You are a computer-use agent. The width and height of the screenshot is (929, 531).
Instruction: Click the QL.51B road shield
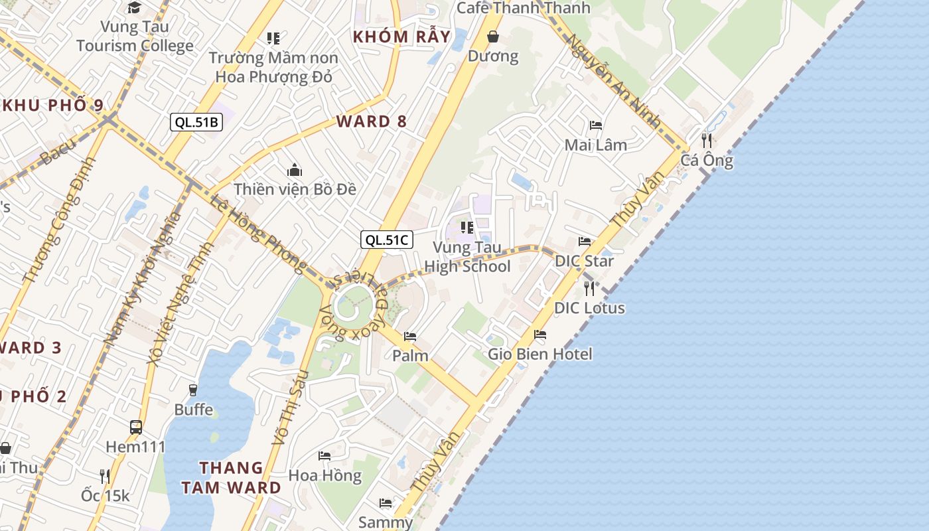[x=196, y=122]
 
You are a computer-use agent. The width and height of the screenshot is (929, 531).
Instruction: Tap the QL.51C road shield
[x=387, y=240]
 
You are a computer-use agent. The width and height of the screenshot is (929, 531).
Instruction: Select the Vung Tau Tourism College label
[x=135, y=37]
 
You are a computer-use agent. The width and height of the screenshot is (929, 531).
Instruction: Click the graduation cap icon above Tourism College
[x=135, y=8]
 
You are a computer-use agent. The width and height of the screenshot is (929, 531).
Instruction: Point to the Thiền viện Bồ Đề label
[x=295, y=189]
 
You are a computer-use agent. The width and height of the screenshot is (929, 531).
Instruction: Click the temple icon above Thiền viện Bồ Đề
[x=295, y=171]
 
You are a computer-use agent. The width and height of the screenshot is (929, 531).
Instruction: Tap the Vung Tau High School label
[x=467, y=257]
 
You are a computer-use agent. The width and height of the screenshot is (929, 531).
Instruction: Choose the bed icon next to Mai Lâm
[x=595, y=125]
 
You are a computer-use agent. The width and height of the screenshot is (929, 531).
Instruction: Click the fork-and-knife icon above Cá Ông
[x=707, y=141]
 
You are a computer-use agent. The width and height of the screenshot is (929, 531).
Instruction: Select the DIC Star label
[x=585, y=261]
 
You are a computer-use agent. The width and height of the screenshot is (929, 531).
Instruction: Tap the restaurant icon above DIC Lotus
[x=589, y=288]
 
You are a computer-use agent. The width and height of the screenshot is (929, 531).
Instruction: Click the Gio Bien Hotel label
[x=540, y=354]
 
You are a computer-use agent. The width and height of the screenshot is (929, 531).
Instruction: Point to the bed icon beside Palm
[x=410, y=337]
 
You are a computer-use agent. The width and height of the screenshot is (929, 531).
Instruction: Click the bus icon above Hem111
[x=136, y=427]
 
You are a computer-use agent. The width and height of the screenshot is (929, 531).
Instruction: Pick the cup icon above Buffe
[x=193, y=390]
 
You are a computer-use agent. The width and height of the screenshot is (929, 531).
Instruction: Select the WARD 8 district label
[x=372, y=121]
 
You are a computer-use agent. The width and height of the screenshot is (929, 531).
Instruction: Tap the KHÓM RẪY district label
[x=401, y=37]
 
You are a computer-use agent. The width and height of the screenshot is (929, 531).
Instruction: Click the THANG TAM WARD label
[x=231, y=477]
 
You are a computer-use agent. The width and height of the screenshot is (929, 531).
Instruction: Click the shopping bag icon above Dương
[x=493, y=37]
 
